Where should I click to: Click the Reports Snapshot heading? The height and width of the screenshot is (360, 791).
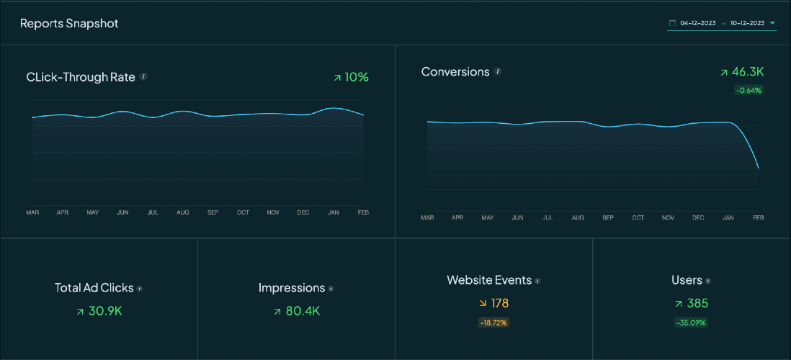click(69, 24)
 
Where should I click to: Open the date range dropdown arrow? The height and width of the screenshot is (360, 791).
click(773, 23)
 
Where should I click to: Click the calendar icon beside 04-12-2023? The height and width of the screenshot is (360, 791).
click(673, 23)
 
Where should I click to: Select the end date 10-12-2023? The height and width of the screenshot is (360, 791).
click(747, 23)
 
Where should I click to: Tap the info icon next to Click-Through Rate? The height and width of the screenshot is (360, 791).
click(143, 76)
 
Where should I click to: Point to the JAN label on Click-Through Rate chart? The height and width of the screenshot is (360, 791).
click(333, 212)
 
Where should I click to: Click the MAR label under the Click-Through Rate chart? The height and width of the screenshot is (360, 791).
click(32, 212)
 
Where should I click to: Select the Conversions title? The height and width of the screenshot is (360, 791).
click(455, 72)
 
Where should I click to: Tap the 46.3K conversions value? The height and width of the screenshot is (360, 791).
click(747, 72)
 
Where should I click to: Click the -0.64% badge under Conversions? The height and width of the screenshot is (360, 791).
click(748, 90)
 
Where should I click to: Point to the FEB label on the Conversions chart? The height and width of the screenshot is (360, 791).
click(758, 217)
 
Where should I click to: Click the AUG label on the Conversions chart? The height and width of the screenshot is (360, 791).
click(578, 217)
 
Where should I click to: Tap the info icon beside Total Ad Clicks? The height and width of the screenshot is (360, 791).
click(140, 289)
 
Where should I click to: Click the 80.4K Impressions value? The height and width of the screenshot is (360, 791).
click(303, 311)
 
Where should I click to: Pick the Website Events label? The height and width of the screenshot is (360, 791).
click(489, 280)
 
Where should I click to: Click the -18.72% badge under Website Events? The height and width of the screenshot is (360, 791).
click(493, 323)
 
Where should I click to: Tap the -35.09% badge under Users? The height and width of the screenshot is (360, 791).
click(692, 323)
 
